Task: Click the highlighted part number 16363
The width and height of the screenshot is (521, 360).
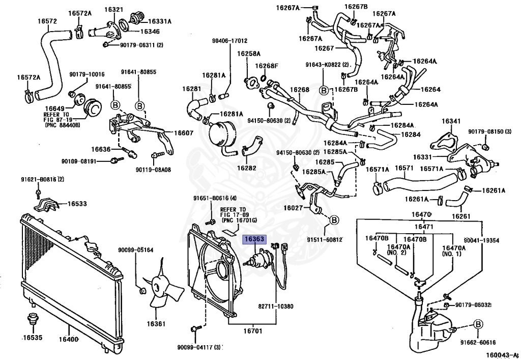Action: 254,239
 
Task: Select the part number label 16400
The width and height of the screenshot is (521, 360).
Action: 68,339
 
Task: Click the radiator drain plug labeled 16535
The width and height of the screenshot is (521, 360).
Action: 31,321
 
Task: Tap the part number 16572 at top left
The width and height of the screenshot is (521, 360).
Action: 47,21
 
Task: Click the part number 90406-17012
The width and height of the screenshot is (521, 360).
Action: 229,41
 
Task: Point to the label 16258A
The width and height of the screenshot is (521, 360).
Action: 248,53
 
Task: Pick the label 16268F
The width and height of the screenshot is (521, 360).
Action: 267,66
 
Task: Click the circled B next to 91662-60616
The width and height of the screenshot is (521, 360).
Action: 478,324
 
